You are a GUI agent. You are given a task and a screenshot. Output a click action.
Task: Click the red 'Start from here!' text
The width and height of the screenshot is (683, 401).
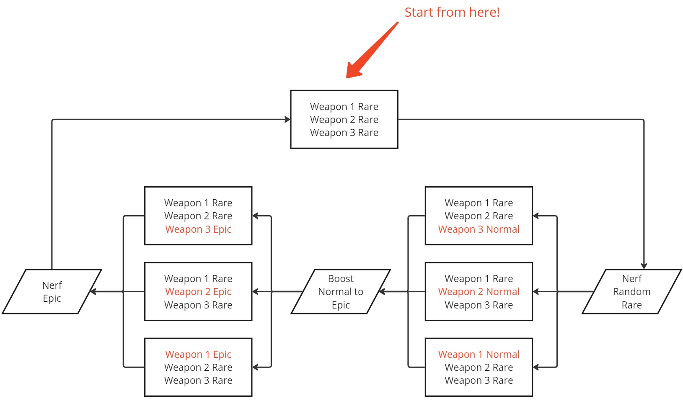pyautogui.click(x=452, y=12)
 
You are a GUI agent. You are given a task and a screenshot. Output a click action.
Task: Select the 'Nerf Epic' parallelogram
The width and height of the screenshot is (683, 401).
pyautogui.click(x=52, y=292)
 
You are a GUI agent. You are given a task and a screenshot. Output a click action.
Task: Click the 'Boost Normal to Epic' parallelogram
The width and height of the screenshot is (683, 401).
pyautogui.click(x=341, y=292)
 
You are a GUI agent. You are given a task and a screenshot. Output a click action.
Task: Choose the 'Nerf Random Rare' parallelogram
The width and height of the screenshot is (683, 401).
pyautogui.click(x=631, y=292)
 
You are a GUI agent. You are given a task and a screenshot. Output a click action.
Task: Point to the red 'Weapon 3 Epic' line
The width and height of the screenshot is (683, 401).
pyautogui.click(x=198, y=229)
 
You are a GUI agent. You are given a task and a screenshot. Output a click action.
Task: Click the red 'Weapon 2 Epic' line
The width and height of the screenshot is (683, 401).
pyautogui.click(x=198, y=292)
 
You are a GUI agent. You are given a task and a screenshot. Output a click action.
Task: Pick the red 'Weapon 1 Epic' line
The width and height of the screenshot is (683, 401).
pyautogui.click(x=198, y=355)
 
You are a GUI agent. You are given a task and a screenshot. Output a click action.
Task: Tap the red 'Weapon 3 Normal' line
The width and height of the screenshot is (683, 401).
pyautogui.click(x=479, y=229)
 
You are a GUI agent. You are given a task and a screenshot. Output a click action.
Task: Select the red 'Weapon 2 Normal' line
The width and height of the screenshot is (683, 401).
pyautogui.click(x=479, y=292)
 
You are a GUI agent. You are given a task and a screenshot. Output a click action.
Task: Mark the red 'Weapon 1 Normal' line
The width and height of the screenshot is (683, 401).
pyautogui.click(x=479, y=355)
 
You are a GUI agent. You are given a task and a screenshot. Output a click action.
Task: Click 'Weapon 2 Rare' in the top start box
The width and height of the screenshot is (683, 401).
pyautogui.click(x=344, y=120)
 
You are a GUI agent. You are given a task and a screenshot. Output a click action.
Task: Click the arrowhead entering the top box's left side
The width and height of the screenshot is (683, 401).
pyautogui.click(x=287, y=120)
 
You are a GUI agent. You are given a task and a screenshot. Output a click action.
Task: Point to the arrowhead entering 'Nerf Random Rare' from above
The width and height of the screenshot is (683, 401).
pyautogui.click(x=644, y=266)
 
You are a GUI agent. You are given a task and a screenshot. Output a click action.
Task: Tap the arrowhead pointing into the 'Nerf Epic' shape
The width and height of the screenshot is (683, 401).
pyautogui.click(x=93, y=292)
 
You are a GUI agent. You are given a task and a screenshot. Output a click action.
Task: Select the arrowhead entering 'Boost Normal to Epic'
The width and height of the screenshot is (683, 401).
pyautogui.click(x=382, y=292)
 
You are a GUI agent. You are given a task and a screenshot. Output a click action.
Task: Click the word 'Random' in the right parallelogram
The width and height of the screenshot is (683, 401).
pyautogui.click(x=631, y=292)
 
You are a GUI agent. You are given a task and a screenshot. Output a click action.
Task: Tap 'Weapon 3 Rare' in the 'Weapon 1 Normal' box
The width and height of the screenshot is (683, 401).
pyautogui.click(x=479, y=380)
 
